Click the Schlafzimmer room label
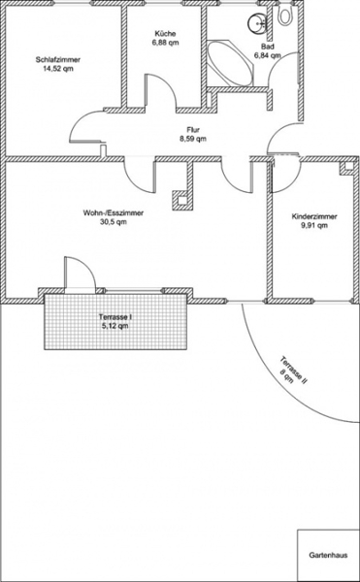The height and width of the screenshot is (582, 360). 58,60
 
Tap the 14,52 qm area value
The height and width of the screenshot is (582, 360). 58,69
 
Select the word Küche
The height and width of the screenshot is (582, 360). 165,33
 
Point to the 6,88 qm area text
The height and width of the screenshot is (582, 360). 165,43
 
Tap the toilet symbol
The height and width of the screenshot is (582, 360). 285,15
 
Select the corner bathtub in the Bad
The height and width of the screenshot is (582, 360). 231,63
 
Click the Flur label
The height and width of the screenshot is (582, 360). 193,130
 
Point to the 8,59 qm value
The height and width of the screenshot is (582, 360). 193,139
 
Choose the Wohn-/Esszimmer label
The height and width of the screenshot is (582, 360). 114,213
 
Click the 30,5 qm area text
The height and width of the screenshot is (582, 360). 114,222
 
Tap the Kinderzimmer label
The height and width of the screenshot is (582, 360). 314,216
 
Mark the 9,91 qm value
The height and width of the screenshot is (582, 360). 314,225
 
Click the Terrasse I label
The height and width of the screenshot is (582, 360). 115,317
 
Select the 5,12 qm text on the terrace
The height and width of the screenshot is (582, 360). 115,326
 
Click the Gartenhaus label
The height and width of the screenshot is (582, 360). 328,555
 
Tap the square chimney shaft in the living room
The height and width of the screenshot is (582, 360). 181,201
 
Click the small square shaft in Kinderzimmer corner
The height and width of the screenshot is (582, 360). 349,166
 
